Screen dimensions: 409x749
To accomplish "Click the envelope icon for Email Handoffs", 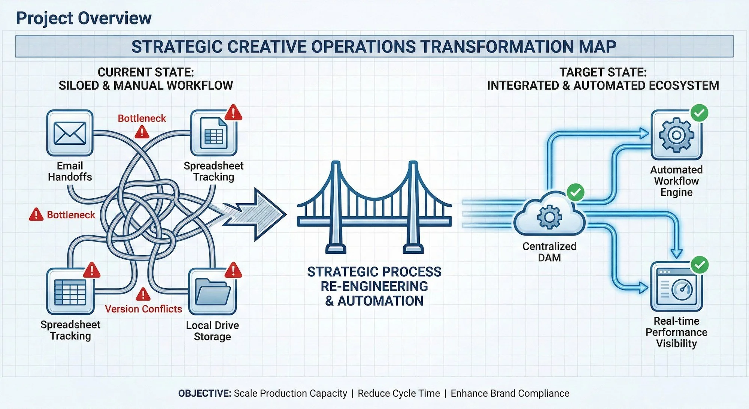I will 70,133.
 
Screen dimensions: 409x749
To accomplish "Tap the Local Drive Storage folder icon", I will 213,291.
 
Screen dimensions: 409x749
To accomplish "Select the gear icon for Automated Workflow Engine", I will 676,135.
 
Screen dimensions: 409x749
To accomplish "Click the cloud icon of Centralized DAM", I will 549,217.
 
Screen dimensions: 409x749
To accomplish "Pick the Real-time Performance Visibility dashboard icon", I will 676,288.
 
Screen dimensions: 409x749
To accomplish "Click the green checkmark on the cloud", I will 576,192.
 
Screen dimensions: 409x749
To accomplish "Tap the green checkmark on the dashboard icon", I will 699,265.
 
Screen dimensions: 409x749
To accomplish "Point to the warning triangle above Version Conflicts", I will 143,295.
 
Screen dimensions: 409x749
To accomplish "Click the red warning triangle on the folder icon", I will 233,270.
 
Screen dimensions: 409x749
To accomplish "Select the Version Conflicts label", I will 143,309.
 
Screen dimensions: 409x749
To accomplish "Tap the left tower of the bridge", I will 336,206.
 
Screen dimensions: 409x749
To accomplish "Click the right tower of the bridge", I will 413,206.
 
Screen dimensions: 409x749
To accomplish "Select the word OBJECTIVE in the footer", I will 204,393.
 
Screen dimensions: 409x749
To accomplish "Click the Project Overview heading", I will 84,18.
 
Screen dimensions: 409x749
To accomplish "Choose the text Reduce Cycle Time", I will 398,393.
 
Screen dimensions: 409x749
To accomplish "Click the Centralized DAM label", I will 549,252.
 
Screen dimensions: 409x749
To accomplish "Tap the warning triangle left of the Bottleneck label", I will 36,214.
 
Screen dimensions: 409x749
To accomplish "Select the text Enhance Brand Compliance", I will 510,393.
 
